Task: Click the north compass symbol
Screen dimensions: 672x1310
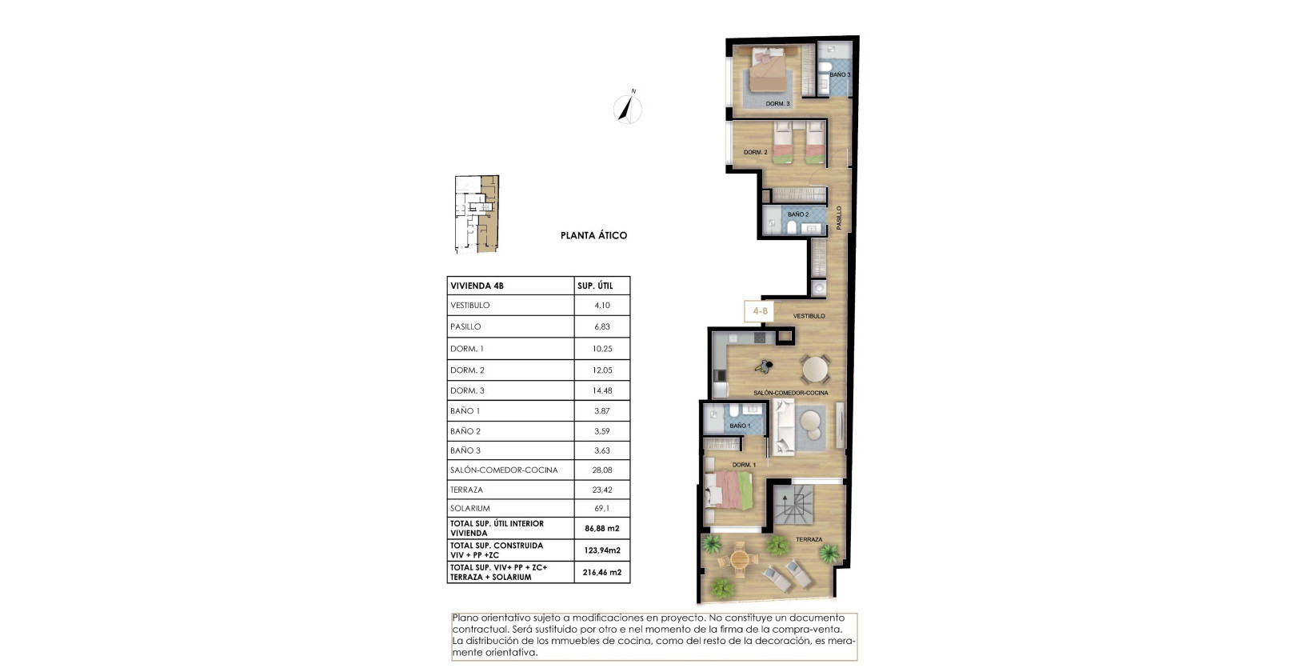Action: click(628, 109)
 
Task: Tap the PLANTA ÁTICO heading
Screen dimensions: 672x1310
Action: click(593, 235)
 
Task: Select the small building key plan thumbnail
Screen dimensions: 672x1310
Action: click(477, 214)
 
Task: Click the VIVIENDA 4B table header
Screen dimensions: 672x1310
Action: click(477, 286)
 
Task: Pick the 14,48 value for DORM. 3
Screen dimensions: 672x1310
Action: click(602, 390)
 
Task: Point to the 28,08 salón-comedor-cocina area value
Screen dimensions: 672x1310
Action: click(602, 470)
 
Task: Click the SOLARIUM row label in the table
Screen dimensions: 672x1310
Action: click(470, 508)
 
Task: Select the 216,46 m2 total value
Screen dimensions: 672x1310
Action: click(602, 572)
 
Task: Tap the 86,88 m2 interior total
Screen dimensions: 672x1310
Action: click(602, 528)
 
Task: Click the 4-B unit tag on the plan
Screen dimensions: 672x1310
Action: click(759, 311)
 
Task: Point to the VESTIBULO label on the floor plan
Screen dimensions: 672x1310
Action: click(809, 316)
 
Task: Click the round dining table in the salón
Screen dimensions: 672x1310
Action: click(815, 370)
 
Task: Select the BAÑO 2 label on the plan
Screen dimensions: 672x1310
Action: click(797, 214)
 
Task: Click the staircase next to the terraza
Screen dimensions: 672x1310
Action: click(793, 505)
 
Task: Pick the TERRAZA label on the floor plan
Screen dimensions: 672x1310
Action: click(809, 540)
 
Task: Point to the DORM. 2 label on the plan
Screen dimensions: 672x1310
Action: click(755, 152)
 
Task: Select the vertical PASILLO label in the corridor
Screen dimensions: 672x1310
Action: click(839, 218)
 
